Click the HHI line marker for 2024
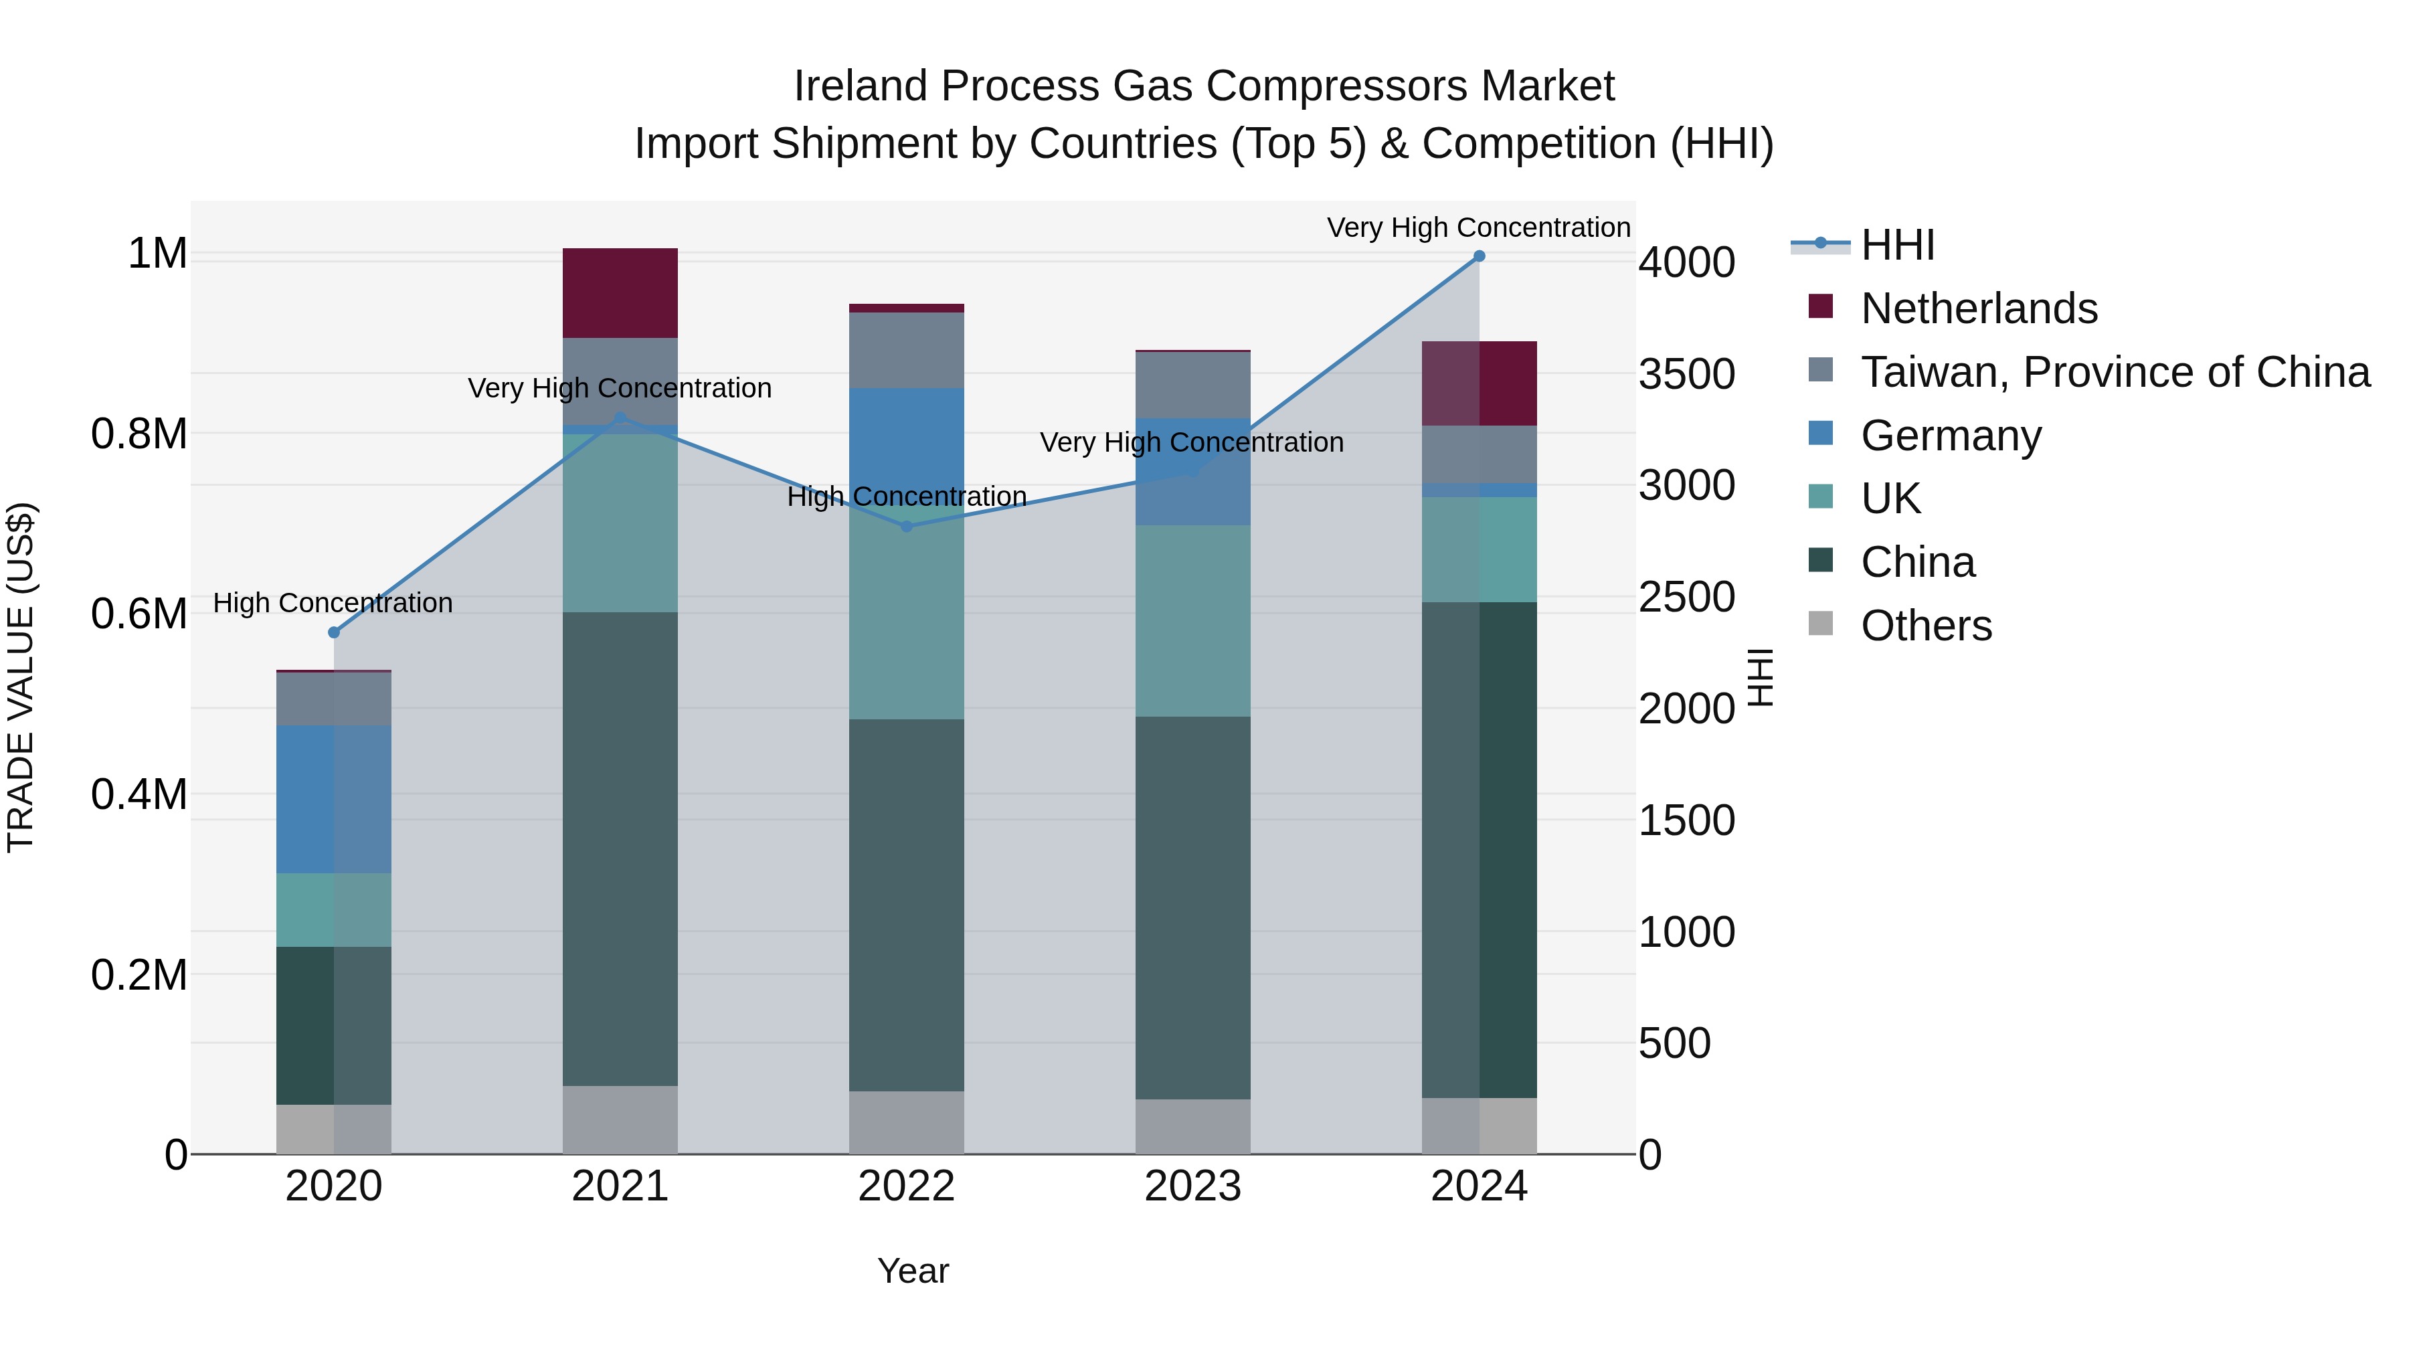point(1478,256)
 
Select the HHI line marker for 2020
point(334,632)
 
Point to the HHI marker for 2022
point(906,527)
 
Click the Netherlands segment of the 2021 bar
point(620,292)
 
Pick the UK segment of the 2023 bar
point(1192,621)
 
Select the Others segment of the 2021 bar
point(620,1119)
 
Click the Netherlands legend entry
point(1978,308)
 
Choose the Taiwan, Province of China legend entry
point(2113,372)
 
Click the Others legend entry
point(1925,626)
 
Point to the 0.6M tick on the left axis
point(139,614)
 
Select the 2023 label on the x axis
point(1192,1186)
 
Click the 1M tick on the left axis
point(157,254)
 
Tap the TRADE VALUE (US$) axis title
point(21,677)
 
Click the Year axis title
point(913,1271)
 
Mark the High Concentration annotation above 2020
point(333,603)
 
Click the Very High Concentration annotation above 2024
point(1478,228)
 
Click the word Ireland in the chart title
point(859,86)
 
